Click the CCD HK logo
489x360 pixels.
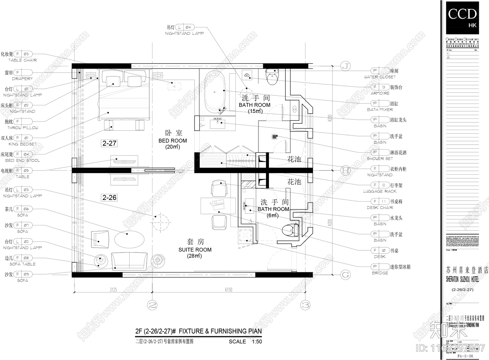[462, 17]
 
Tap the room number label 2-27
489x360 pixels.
[109, 143]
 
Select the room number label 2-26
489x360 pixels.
[109, 198]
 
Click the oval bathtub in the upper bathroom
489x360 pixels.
[215, 92]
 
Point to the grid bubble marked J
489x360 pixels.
[346, 66]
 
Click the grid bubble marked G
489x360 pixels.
[345, 275]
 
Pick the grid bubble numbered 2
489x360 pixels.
[152, 305]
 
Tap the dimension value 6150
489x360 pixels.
[229, 290]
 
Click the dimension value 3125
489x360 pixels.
[113, 290]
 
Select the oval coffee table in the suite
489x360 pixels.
[129, 238]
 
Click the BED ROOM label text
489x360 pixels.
[173, 141]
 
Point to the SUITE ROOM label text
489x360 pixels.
[195, 250]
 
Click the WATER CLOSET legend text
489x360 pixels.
[380, 77]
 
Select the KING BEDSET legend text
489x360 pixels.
[22, 144]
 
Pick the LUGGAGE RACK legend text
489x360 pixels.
[380, 191]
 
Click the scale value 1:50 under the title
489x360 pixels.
[257, 342]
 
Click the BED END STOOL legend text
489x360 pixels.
[22, 160]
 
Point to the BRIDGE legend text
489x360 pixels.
[380, 273]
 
